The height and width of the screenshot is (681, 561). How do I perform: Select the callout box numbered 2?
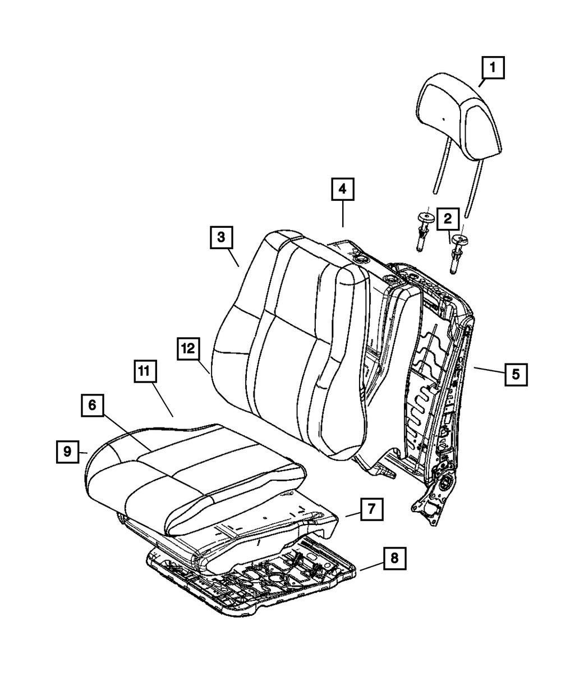(448, 219)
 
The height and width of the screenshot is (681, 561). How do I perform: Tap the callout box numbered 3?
(222, 237)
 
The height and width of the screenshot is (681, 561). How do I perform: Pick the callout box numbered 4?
(342, 190)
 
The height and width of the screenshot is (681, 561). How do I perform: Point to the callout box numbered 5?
(516, 372)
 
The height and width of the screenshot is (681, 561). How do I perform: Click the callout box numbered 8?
(394, 558)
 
